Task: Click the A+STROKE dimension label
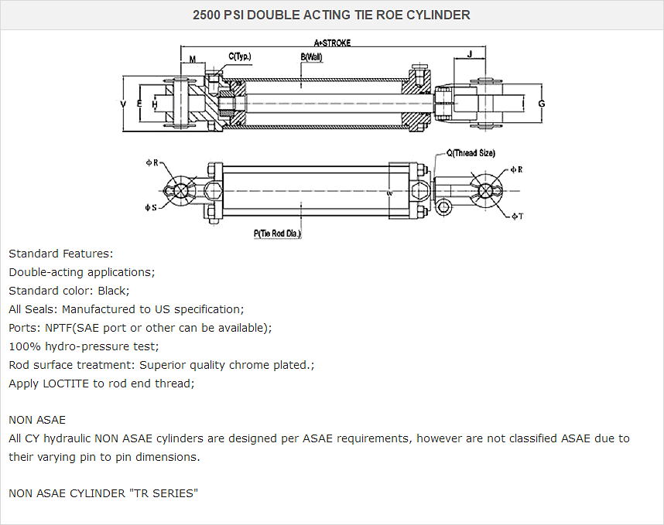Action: coord(332,43)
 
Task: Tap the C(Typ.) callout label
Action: coord(240,56)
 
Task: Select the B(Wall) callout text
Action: coord(311,56)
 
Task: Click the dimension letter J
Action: coord(471,55)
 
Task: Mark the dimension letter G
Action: coord(542,104)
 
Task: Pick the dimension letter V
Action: coord(124,103)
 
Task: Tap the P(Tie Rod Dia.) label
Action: coord(278,233)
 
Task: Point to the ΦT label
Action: coord(518,216)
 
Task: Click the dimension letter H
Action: coord(155,104)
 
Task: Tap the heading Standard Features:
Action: coord(61,254)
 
